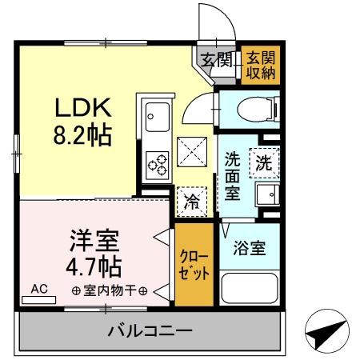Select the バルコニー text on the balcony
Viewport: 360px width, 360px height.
point(149,330)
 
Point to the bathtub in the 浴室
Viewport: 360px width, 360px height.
point(247,290)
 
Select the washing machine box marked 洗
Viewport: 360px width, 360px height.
point(263,162)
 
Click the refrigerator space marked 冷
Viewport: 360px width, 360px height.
point(192,201)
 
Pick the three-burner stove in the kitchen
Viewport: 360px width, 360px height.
point(157,165)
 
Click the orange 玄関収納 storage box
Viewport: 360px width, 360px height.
point(260,63)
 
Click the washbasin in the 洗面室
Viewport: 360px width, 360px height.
point(264,195)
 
